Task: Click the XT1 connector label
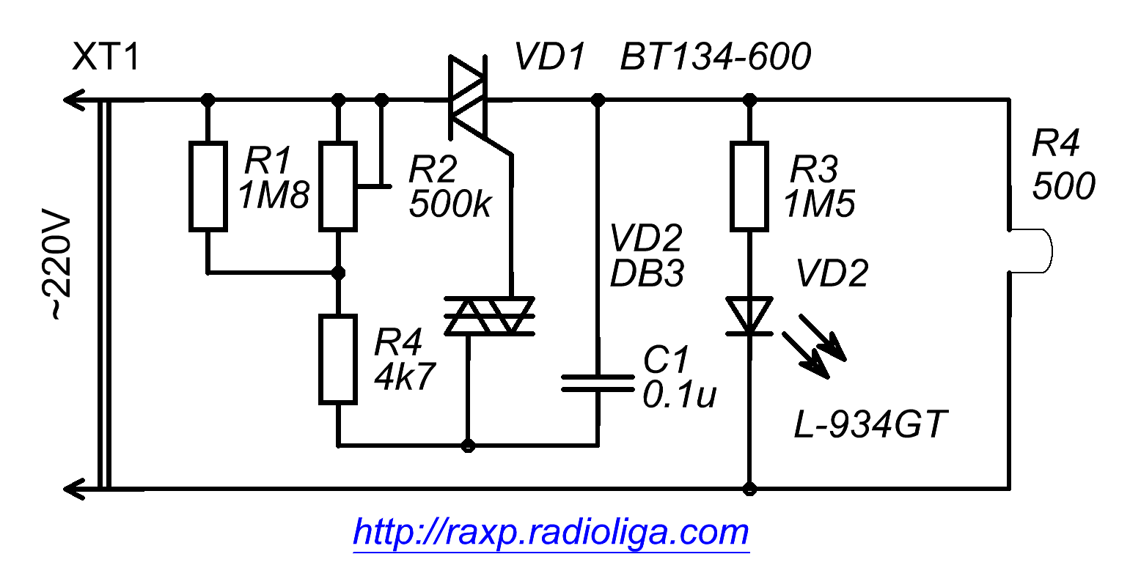pos(106,56)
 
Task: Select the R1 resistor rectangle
pos(208,187)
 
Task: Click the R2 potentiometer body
pos(338,187)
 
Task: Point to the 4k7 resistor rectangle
pos(338,360)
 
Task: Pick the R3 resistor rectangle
pos(749,187)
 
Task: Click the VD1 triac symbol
pos(468,97)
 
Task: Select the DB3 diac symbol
pos(489,316)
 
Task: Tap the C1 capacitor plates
pos(598,383)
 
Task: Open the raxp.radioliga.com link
pos(551,533)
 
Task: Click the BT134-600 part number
pos(716,56)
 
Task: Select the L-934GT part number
pos(870,424)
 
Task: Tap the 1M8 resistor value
pos(274,196)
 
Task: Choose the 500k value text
pos(450,204)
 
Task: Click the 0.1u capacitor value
pos(680,394)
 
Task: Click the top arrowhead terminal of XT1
pos(73,100)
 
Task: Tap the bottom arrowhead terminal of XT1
pos(73,489)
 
